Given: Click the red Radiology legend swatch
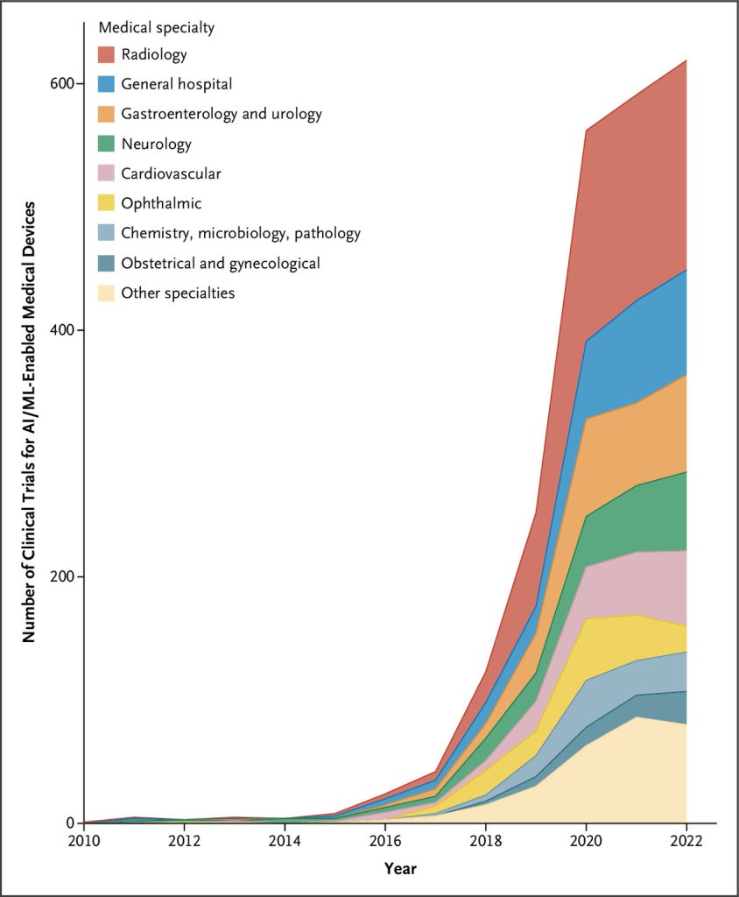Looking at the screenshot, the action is (x=107, y=54).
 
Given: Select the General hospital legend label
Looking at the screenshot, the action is (x=177, y=84).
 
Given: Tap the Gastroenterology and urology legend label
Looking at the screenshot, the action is (x=222, y=114).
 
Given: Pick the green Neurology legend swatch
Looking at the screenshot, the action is (x=107, y=144).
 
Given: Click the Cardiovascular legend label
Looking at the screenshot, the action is (x=171, y=173).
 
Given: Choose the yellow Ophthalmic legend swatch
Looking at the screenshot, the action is (x=107, y=203).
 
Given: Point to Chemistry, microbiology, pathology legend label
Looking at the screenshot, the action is (x=241, y=233).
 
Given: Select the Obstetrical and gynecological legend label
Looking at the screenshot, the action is (x=221, y=263).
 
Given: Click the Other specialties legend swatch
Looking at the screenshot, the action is (x=107, y=293).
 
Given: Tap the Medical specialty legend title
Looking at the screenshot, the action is (x=157, y=27).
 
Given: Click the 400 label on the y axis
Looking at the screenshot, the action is (x=63, y=330).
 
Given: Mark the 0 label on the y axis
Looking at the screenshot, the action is (x=71, y=823).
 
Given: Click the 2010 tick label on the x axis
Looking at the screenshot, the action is (x=84, y=842).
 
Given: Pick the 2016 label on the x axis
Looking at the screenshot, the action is (x=385, y=842).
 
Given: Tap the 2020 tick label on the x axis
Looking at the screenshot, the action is (x=586, y=842).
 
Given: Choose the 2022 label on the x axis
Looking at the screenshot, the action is (x=686, y=842).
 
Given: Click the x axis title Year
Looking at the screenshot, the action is (x=400, y=868).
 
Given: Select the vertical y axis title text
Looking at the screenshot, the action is (x=29, y=422).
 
